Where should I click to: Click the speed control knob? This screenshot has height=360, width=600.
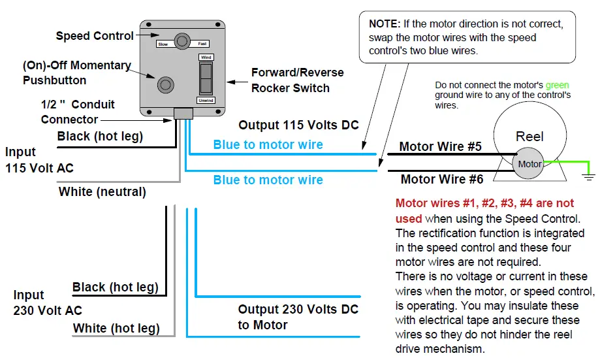tap(182, 41)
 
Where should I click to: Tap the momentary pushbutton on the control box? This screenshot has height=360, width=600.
tap(166, 85)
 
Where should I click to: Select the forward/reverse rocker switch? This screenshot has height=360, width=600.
tap(206, 78)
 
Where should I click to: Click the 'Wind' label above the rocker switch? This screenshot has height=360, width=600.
tap(206, 57)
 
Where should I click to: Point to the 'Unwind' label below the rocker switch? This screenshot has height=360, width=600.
tap(206, 101)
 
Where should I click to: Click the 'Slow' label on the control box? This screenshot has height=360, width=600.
tap(163, 44)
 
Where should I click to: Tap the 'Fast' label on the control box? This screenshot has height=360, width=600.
tap(202, 44)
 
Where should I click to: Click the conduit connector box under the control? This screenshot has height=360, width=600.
tap(183, 114)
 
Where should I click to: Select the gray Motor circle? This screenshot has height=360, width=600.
tap(528, 164)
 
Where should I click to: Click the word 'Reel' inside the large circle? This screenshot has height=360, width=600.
tap(529, 137)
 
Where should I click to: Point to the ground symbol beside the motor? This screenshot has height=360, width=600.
tap(589, 177)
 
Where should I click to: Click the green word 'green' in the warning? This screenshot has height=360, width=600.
tap(557, 85)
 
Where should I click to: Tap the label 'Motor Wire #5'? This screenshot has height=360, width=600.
tap(441, 146)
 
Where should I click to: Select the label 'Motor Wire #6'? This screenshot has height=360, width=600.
tap(442, 179)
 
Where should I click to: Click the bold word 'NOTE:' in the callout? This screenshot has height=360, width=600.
tap(385, 24)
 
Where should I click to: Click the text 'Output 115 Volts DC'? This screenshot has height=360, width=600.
tap(298, 125)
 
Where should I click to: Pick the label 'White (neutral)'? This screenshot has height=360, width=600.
tap(102, 191)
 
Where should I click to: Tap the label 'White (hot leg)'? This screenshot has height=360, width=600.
tap(116, 328)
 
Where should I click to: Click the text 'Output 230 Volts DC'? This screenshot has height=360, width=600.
tap(298, 309)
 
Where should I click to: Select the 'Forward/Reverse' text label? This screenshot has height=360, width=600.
tap(297, 73)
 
